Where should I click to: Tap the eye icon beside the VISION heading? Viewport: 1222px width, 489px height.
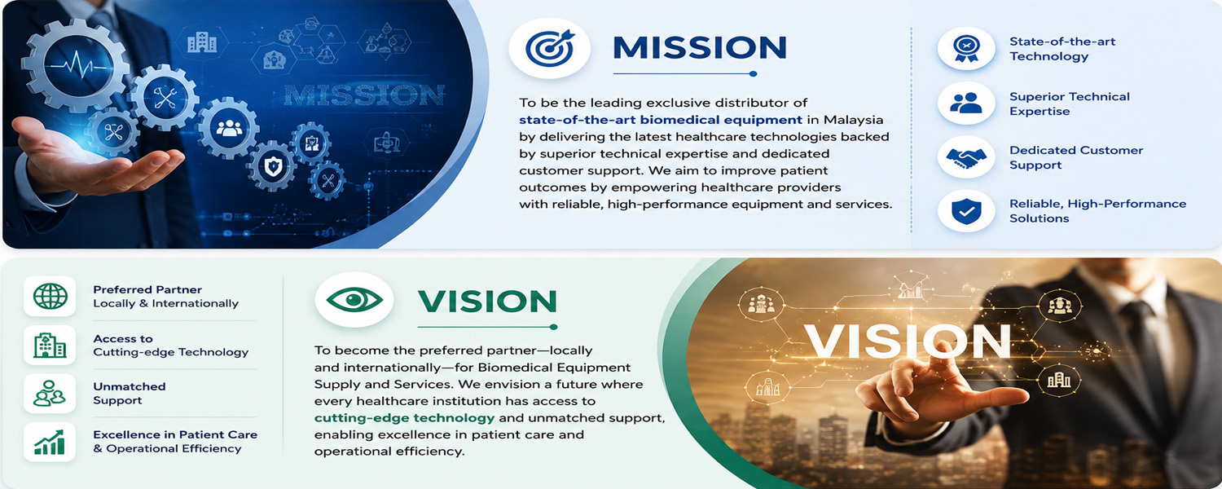pos(354,300)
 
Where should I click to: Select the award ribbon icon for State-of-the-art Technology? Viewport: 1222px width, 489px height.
pos(966,49)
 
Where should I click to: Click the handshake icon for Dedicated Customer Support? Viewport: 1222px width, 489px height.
pos(966,158)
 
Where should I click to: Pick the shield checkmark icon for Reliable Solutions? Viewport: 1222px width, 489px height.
pos(966,211)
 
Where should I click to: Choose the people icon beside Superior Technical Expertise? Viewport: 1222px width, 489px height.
pos(966,103)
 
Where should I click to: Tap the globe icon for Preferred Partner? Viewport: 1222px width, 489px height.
pos(51,297)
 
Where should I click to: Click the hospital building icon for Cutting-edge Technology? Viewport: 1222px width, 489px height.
pos(50,345)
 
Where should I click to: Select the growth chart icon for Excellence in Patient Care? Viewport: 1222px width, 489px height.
pos(50,442)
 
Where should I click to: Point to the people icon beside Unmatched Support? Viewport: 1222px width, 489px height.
pos(50,394)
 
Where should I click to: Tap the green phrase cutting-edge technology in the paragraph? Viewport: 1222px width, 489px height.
pos(404,418)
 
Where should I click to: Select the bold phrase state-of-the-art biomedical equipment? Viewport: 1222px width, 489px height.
pos(661,120)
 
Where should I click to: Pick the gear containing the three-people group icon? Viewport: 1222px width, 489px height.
pos(229,129)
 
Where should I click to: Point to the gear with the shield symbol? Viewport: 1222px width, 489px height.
pos(273,166)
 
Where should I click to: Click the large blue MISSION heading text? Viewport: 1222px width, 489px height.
pos(700,48)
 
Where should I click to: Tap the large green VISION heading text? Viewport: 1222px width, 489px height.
pos(487,302)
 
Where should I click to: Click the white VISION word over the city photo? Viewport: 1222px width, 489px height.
pos(908,341)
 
